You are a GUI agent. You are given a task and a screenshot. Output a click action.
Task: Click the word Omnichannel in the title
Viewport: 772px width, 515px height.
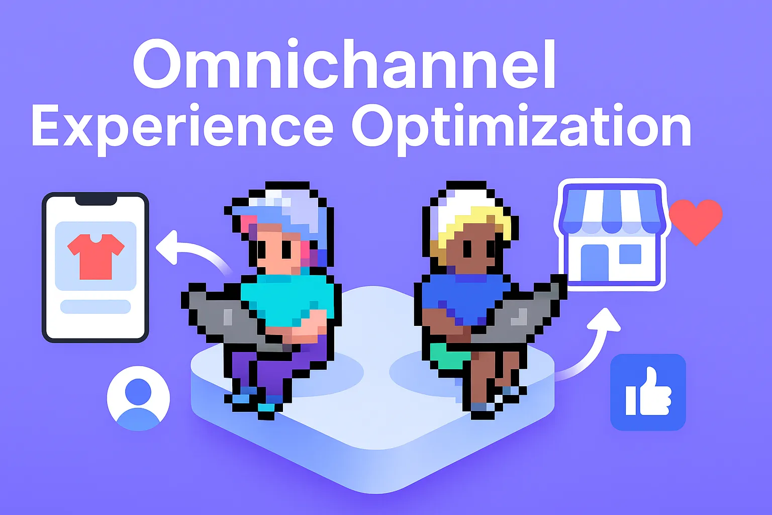pos(344,65)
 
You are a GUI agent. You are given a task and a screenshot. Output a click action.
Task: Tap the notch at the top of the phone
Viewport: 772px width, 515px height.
pos(95,200)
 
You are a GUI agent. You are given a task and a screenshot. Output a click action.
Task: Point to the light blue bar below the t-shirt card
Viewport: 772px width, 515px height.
pos(95,306)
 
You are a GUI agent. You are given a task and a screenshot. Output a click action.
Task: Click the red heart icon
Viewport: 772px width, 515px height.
pos(696,219)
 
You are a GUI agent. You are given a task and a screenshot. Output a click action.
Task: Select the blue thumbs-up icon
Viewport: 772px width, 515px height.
pos(648,392)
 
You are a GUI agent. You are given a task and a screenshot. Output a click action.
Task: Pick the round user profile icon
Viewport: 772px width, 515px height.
pos(138,397)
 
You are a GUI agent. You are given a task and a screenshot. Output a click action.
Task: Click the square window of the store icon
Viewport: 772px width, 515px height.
pos(630,254)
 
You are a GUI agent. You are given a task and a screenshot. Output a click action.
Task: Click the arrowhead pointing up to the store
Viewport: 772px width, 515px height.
pos(607,319)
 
